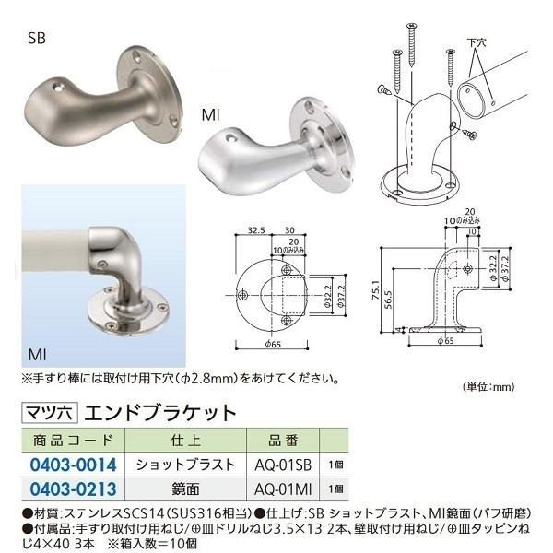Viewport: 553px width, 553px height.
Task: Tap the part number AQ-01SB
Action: point(276,465)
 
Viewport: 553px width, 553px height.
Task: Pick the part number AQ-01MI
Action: point(276,487)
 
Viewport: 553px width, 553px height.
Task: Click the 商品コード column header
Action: point(71,441)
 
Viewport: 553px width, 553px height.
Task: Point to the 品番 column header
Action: point(274,441)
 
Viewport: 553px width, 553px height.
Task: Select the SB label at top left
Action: point(37,39)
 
